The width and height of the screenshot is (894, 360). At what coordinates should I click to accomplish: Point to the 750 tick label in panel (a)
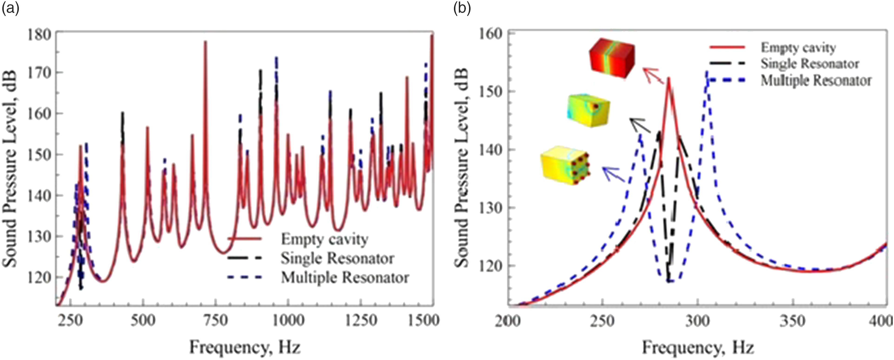[216, 320]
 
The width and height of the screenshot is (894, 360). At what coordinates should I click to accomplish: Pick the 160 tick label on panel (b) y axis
[490, 34]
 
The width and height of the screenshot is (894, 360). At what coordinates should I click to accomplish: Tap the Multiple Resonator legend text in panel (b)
[816, 81]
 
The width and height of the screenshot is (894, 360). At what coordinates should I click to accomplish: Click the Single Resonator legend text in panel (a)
[337, 258]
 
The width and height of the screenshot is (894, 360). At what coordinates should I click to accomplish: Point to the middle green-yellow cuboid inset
[588, 110]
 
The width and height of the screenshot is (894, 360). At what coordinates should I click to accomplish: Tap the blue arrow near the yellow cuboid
[614, 174]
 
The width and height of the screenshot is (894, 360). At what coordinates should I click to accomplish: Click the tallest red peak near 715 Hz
[205, 41]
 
